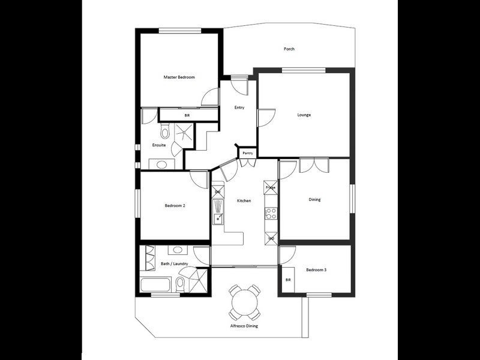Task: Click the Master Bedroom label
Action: click(x=179, y=77)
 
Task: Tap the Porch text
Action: click(x=289, y=49)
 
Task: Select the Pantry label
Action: click(x=247, y=154)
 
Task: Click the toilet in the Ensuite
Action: click(x=166, y=130)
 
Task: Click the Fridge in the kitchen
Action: click(x=271, y=188)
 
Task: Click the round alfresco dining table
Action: click(x=244, y=302)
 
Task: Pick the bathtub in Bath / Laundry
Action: click(x=157, y=283)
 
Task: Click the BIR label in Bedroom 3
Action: click(x=288, y=280)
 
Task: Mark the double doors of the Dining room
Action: click(x=314, y=165)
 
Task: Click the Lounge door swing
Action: click(x=266, y=118)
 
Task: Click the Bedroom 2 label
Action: click(x=175, y=206)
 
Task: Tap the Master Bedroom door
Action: click(x=210, y=97)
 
